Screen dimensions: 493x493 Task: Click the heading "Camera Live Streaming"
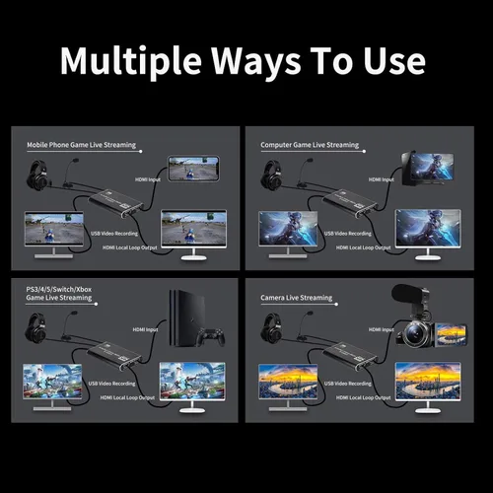point(295,296)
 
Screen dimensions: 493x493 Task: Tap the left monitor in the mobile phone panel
point(54,229)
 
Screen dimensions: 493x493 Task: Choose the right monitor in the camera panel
point(427,381)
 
